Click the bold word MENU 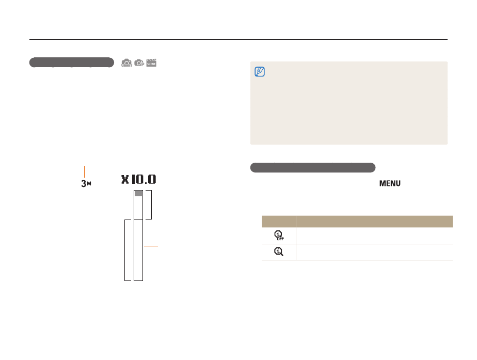390,183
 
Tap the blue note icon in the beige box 260,72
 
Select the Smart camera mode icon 126,63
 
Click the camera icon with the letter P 139,63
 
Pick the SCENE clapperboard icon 151,63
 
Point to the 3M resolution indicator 86,183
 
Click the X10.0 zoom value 139,180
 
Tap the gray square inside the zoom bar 138,194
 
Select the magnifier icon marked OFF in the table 279,236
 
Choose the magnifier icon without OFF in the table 279,252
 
